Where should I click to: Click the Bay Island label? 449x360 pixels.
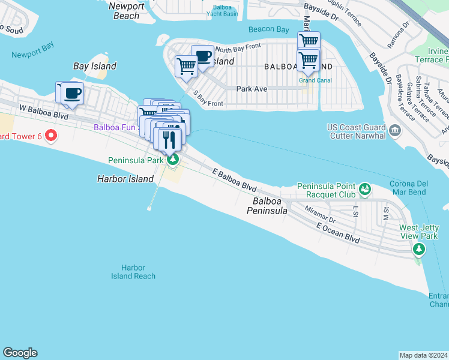pos(95,66)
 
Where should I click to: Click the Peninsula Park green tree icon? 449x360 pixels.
pos(173,160)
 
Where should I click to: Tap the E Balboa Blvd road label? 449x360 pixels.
pos(235,180)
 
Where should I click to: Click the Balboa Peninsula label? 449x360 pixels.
pos(270,206)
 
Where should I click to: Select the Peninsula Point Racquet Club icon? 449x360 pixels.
pos(364,190)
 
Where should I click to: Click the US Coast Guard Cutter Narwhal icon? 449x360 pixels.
pos(394,130)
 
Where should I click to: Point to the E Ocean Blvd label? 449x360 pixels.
pos(338,233)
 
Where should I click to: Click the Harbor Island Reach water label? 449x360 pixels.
pos(133,272)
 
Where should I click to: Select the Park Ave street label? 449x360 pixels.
pos(252,88)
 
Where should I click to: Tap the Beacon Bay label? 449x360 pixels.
pos(268,29)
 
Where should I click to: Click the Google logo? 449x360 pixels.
pos(20,353)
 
